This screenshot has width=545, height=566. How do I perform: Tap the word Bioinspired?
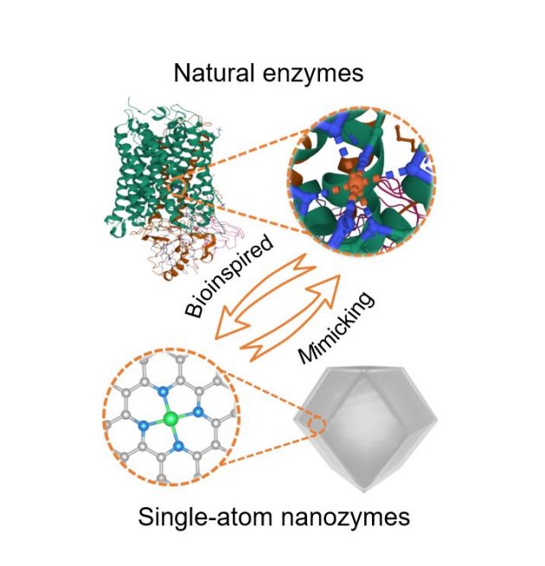click(x=229, y=276)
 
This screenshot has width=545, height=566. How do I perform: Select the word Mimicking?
click(x=336, y=328)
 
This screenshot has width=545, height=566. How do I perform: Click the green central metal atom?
click(x=170, y=419)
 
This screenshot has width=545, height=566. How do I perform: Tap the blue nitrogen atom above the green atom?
click(x=163, y=390)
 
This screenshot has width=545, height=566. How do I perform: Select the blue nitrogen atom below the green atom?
click(x=178, y=447)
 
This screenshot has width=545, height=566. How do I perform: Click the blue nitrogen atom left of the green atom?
click(x=144, y=425)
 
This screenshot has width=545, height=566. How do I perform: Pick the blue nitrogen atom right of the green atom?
click(x=197, y=411)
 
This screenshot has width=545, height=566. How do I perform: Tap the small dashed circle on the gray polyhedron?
click(x=317, y=424)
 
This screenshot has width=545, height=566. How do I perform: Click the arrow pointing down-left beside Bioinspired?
click(x=266, y=296)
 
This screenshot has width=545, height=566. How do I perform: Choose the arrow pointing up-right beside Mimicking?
click(x=291, y=318)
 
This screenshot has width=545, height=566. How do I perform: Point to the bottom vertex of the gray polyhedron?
click(x=364, y=492)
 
